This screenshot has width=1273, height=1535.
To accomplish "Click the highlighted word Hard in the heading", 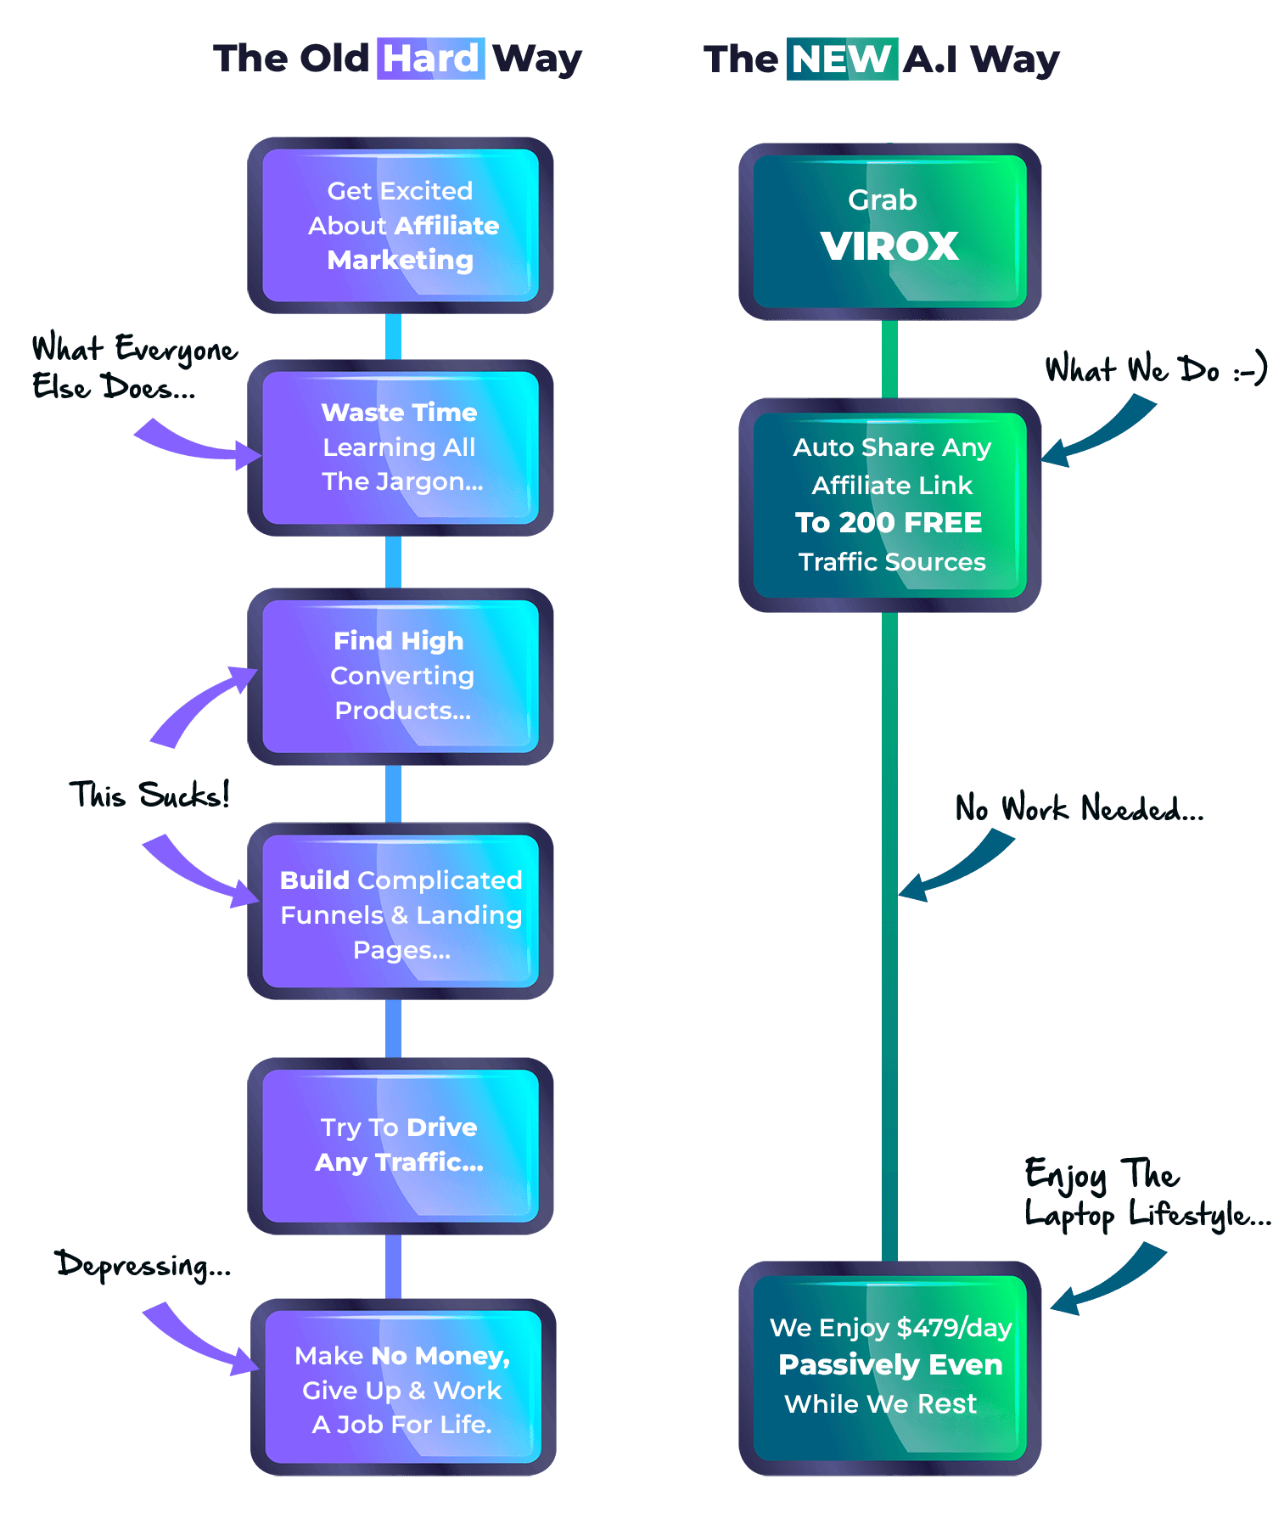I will click(430, 59).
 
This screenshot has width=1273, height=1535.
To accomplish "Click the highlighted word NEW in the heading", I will click(841, 59).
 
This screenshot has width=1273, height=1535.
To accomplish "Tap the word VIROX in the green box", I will click(889, 246).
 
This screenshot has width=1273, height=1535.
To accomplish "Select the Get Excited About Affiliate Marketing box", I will click(401, 225).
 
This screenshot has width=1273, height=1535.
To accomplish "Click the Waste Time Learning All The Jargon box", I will click(401, 447).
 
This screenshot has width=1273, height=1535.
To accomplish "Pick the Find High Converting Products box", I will click(401, 676).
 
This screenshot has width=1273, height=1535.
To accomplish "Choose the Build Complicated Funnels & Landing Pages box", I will click(401, 914).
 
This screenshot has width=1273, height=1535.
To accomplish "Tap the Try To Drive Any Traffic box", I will click(401, 1144).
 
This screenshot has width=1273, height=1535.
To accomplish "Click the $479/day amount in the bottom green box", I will click(954, 1327).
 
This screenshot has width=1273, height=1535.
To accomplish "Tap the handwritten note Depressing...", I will click(143, 1264).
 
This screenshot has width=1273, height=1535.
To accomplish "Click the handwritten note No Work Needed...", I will click(1079, 808).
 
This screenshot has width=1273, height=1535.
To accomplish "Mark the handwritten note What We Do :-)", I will click(1155, 369).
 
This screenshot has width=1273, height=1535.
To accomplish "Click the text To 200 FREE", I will click(889, 522).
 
